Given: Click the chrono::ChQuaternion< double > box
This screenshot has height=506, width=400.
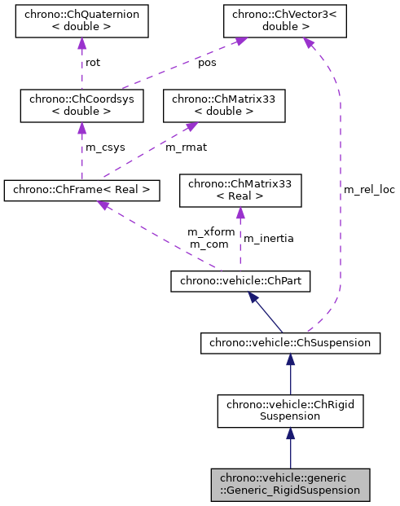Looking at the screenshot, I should click(x=81, y=21).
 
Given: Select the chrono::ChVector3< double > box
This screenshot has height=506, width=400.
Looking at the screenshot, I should click(x=283, y=21).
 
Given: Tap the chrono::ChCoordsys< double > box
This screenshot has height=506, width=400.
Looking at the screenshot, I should click(x=81, y=105).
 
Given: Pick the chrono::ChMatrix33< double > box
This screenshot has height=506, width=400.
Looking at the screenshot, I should click(x=224, y=105).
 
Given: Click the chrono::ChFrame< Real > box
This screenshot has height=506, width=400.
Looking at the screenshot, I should click(x=81, y=191).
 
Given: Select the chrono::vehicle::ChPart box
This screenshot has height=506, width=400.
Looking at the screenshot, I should click(x=240, y=282).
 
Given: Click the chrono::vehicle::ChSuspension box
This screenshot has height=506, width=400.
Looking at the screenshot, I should click(x=290, y=344).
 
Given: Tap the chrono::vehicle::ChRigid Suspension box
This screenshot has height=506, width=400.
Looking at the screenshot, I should click(x=290, y=410).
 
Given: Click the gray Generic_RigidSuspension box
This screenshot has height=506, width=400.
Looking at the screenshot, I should click(x=290, y=484).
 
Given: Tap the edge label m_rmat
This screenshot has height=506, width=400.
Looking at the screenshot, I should click(x=184, y=147).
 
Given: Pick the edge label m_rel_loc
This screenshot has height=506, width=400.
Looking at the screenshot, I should click(x=368, y=189).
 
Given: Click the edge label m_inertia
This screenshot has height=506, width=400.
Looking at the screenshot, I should click(x=269, y=239).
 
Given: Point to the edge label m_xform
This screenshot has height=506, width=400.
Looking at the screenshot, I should click(x=211, y=232).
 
